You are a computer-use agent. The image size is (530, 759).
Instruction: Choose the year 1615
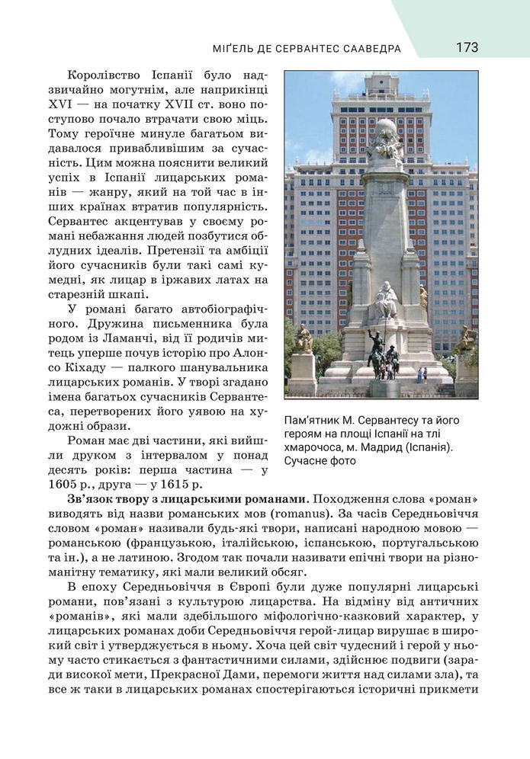click(x=175, y=485)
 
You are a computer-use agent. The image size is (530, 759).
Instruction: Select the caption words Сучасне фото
click(x=313, y=461)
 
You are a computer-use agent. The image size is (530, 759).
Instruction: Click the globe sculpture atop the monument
click(x=386, y=130)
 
